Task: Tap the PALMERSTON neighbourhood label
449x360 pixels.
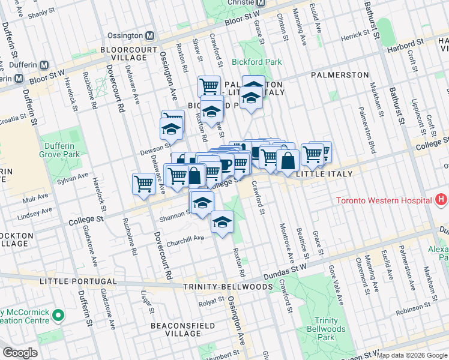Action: click(340, 75)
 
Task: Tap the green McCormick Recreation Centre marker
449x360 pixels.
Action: click(58, 314)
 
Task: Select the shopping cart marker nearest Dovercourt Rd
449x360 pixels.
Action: click(143, 182)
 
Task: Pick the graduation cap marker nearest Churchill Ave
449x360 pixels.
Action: click(222, 223)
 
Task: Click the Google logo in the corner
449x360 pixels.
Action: click(20, 352)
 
